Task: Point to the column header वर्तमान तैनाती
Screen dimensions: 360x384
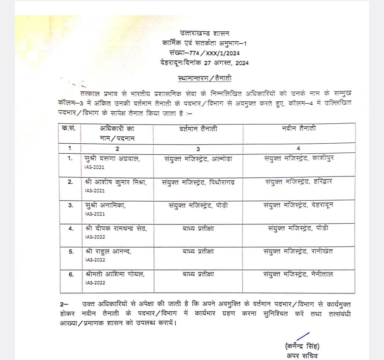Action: pos(198,129)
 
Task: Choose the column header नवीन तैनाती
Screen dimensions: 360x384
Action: pos(298,128)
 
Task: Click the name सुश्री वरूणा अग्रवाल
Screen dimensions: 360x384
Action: pos(112,159)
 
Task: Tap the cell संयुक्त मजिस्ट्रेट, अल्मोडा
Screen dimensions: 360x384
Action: pos(198,159)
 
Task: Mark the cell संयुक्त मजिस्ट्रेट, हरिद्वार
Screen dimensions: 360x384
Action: pos(299,182)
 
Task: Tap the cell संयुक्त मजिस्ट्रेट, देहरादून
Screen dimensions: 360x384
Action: pos(299,205)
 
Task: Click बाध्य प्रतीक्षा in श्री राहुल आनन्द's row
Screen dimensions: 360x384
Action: pos(198,252)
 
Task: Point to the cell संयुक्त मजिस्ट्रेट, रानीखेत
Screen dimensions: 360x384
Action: pos(299,252)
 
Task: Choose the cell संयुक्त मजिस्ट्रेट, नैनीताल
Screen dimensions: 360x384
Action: pos(299,274)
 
